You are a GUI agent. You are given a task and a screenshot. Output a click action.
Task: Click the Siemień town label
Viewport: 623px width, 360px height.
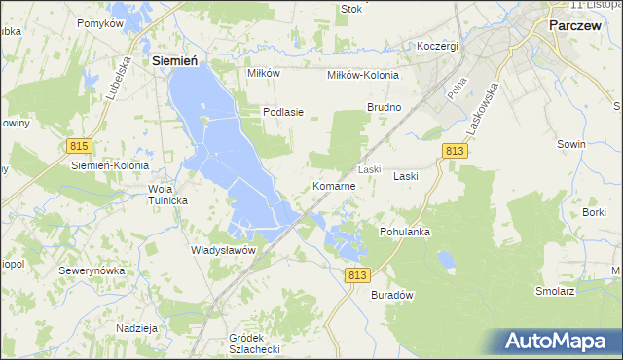175,60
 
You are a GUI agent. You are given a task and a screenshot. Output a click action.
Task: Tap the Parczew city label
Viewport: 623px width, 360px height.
580,27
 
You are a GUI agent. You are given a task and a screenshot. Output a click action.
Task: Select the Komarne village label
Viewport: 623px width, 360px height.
340,185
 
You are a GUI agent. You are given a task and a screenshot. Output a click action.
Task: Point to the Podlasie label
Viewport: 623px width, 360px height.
283,112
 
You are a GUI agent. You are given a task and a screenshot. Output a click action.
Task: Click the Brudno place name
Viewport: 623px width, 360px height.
384,106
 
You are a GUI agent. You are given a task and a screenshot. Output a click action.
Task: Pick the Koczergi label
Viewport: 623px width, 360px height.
437,46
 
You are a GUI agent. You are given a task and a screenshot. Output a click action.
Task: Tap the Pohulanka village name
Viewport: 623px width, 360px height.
405,232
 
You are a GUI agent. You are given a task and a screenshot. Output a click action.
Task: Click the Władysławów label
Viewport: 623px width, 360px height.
223,250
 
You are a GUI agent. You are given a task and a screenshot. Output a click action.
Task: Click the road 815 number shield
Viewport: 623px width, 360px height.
80,145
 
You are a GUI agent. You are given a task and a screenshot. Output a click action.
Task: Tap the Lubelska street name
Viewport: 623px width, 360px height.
126,72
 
